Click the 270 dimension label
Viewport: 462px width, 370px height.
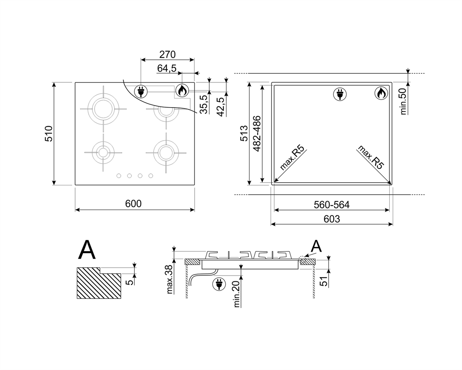point(167,55)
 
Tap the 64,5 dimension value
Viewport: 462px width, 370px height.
point(167,69)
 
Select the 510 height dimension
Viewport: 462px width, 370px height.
point(49,134)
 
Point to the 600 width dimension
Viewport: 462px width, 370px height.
point(133,203)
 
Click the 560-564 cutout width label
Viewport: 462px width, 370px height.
point(332,205)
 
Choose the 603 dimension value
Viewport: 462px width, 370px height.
point(332,219)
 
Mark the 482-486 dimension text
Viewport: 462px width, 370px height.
point(257,133)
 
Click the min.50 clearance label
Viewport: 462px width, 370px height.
point(403,101)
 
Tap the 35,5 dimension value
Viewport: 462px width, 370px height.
point(204,104)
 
